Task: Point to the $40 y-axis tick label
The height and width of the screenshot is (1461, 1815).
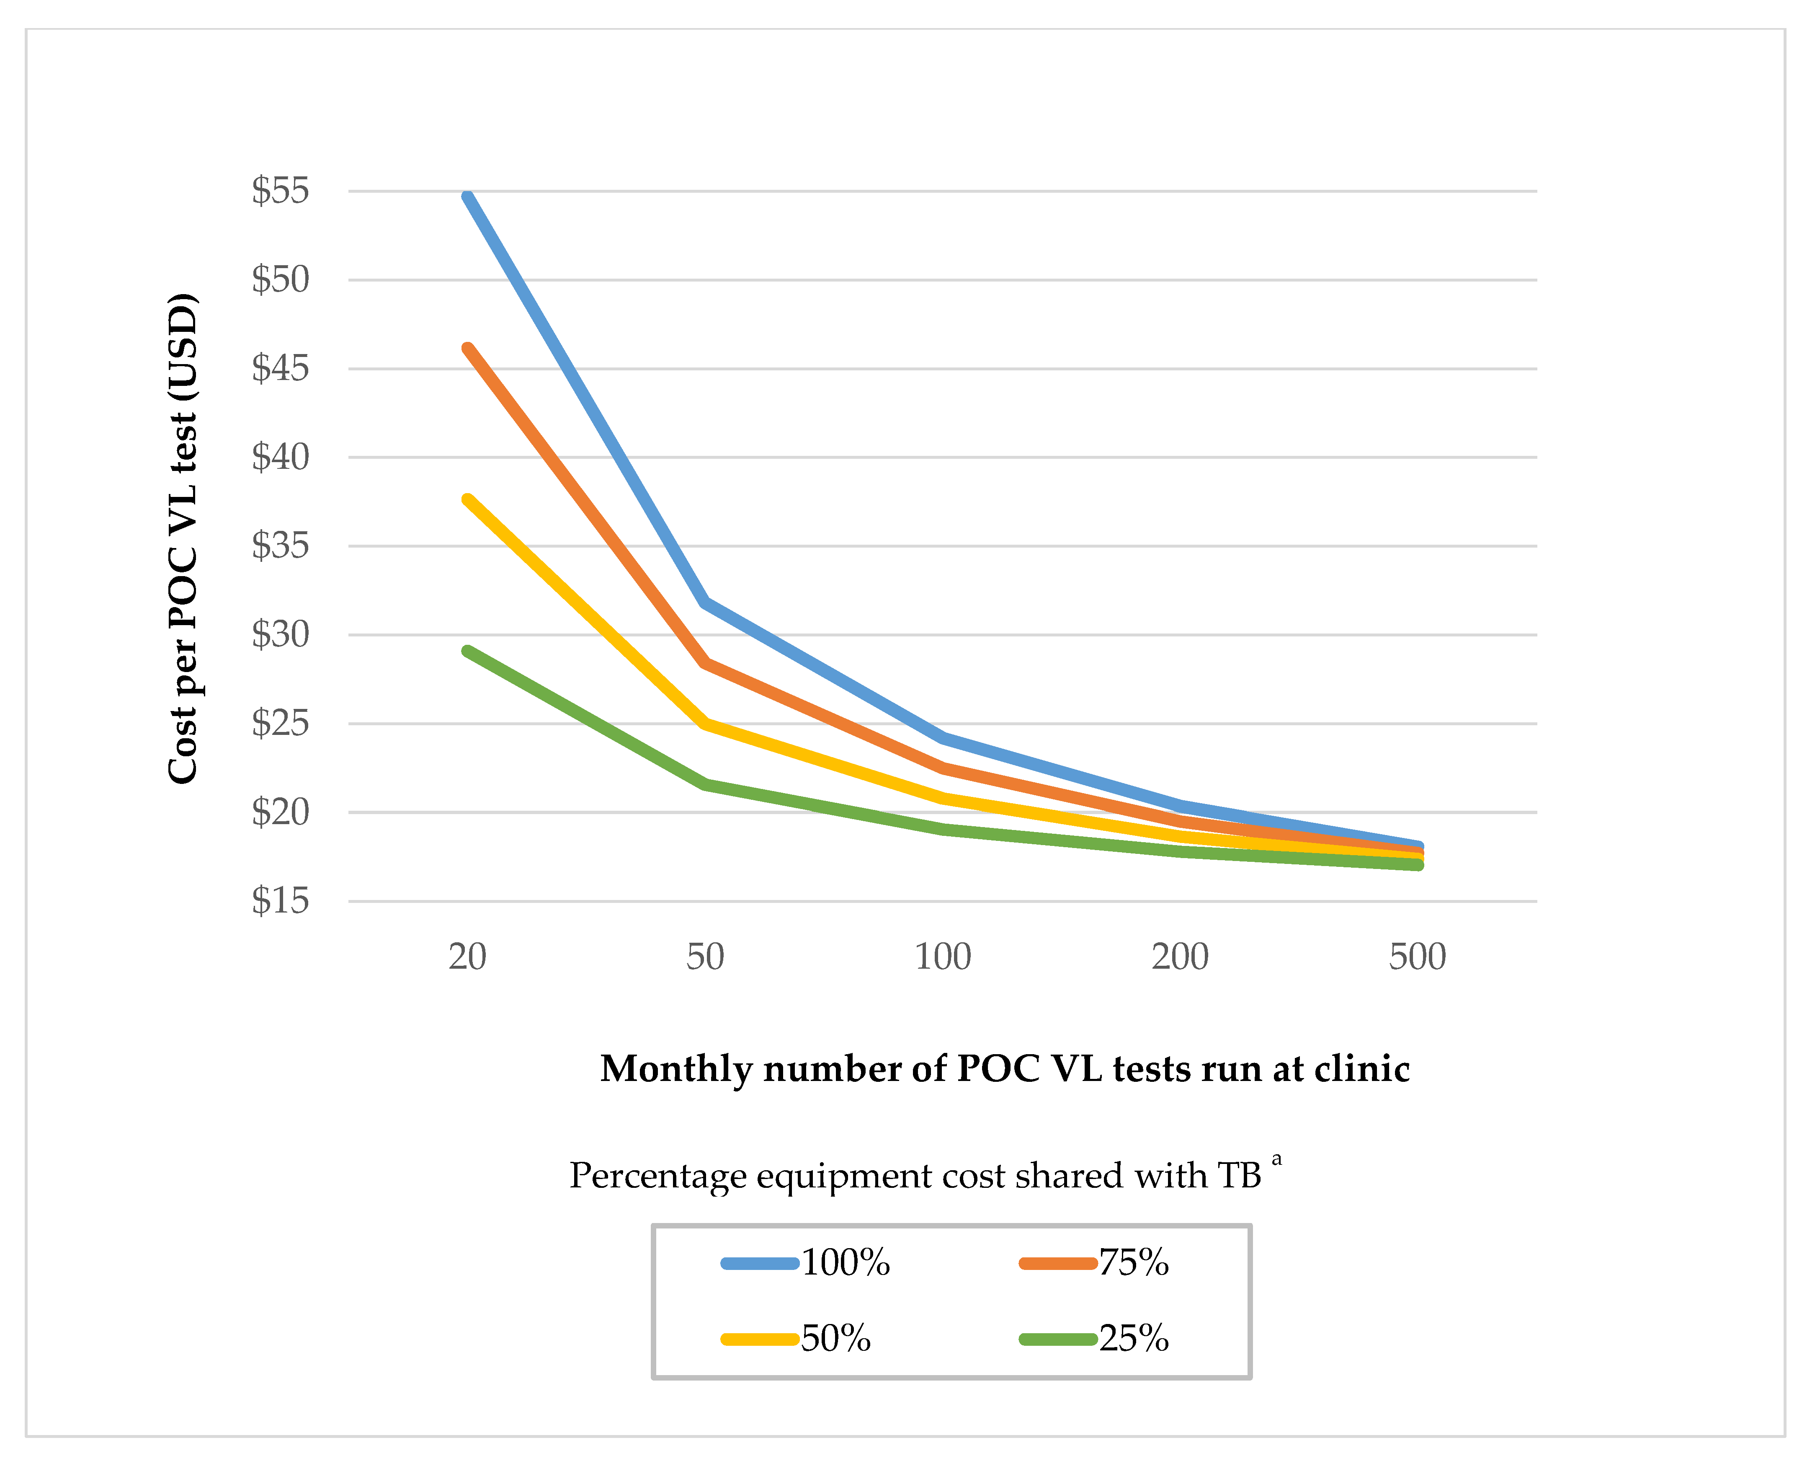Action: [280, 457]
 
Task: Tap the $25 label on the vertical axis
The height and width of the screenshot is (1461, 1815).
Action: [280, 723]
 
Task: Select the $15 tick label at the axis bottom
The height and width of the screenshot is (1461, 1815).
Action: [280, 901]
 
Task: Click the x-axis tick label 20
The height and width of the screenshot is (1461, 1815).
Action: [467, 957]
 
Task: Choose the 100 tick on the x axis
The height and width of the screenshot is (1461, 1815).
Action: [943, 957]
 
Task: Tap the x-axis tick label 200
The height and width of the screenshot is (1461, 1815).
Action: [1180, 957]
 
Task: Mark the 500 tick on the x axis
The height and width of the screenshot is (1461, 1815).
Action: [1418, 957]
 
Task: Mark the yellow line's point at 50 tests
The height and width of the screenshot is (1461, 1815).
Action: [706, 723]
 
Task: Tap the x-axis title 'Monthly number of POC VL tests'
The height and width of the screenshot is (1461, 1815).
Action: [1004, 1068]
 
